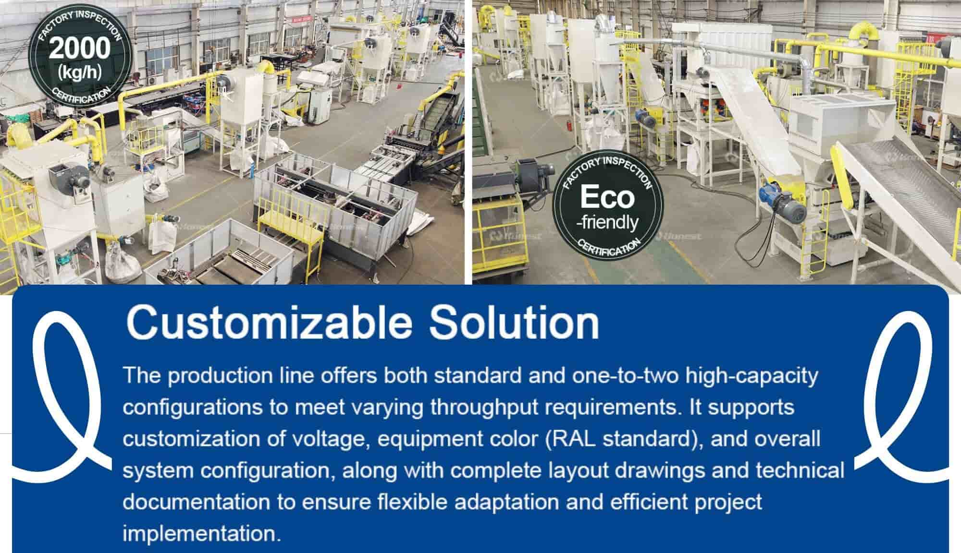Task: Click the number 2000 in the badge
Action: [79, 49]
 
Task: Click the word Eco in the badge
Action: [607, 197]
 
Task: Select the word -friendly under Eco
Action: [607, 222]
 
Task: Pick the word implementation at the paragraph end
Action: [201, 533]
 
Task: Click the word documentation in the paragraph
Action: [196, 502]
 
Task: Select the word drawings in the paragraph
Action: [661, 470]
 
